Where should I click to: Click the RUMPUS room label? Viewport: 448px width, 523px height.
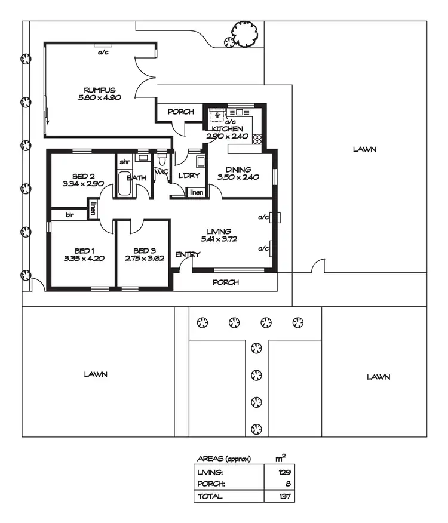(x=100, y=90)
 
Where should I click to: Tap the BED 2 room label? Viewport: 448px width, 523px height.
(x=84, y=176)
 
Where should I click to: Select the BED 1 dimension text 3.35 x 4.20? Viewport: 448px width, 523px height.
(x=84, y=259)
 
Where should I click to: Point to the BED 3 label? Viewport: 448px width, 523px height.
(x=144, y=251)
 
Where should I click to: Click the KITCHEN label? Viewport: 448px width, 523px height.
(x=228, y=129)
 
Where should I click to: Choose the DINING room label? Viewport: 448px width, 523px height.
(x=238, y=170)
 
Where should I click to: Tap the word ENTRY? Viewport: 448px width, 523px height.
(x=187, y=255)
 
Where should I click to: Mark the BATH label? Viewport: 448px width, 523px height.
(x=137, y=178)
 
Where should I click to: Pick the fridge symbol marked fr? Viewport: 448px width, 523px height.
(x=218, y=116)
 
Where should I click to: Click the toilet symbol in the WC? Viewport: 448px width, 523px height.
(x=162, y=162)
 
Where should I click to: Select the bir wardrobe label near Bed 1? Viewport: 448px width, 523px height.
(x=70, y=214)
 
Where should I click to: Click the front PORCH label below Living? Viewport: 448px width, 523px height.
(x=226, y=282)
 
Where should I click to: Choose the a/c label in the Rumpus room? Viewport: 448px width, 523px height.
(x=103, y=52)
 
